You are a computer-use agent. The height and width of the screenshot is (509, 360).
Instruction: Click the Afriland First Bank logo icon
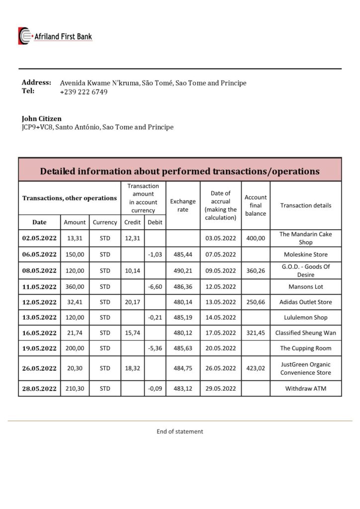pos(25,36)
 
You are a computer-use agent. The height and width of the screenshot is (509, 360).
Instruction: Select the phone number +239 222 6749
pos(84,92)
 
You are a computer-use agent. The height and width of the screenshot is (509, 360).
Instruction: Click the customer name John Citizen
pos(42,119)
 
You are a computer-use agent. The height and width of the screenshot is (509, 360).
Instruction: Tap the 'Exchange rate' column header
pos(183,205)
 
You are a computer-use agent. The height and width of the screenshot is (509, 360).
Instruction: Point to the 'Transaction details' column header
pos(306,205)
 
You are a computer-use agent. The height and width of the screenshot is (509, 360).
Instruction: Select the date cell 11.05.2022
pos(39,287)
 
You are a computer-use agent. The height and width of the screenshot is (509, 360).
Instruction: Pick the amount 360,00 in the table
pos(75,287)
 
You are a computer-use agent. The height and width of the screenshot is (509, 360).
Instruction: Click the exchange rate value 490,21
pos(183,271)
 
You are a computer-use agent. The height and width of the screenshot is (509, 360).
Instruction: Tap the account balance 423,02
pos(256,369)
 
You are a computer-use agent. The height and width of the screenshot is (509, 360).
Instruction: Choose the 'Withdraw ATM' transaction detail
pos(306,389)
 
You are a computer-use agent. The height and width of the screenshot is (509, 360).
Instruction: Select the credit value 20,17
pos(132,302)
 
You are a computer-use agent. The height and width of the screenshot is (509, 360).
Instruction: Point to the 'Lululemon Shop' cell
pos(306,318)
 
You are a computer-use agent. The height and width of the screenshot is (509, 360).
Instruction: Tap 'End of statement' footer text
pos(180,431)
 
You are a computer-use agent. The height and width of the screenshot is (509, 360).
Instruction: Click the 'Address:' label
pos(36,83)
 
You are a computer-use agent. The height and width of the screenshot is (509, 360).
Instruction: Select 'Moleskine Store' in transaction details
pos(306,254)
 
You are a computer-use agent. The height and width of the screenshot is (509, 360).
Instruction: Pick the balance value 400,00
pos(256,239)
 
